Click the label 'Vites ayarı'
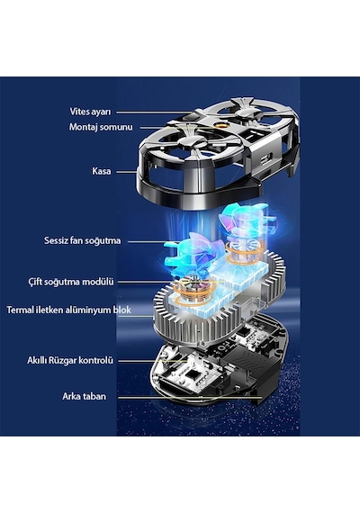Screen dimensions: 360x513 (x=90, y=112)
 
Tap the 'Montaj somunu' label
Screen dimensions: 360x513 (x=101, y=127)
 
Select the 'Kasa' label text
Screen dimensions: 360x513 (x=101, y=171)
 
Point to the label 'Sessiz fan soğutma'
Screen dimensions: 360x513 (x=83, y=241)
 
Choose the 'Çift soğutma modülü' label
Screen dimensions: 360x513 (x=71, y=282)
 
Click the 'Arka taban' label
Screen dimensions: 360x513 (x=84, y=397)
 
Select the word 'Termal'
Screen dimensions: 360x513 (x=20, y=310)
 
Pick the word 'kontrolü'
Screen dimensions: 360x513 (x=96, y=361)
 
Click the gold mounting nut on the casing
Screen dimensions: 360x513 (x=217, y=126)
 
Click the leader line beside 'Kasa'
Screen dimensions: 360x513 (x=127, y=171)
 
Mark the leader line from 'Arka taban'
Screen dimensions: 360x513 (x=190, y=398)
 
